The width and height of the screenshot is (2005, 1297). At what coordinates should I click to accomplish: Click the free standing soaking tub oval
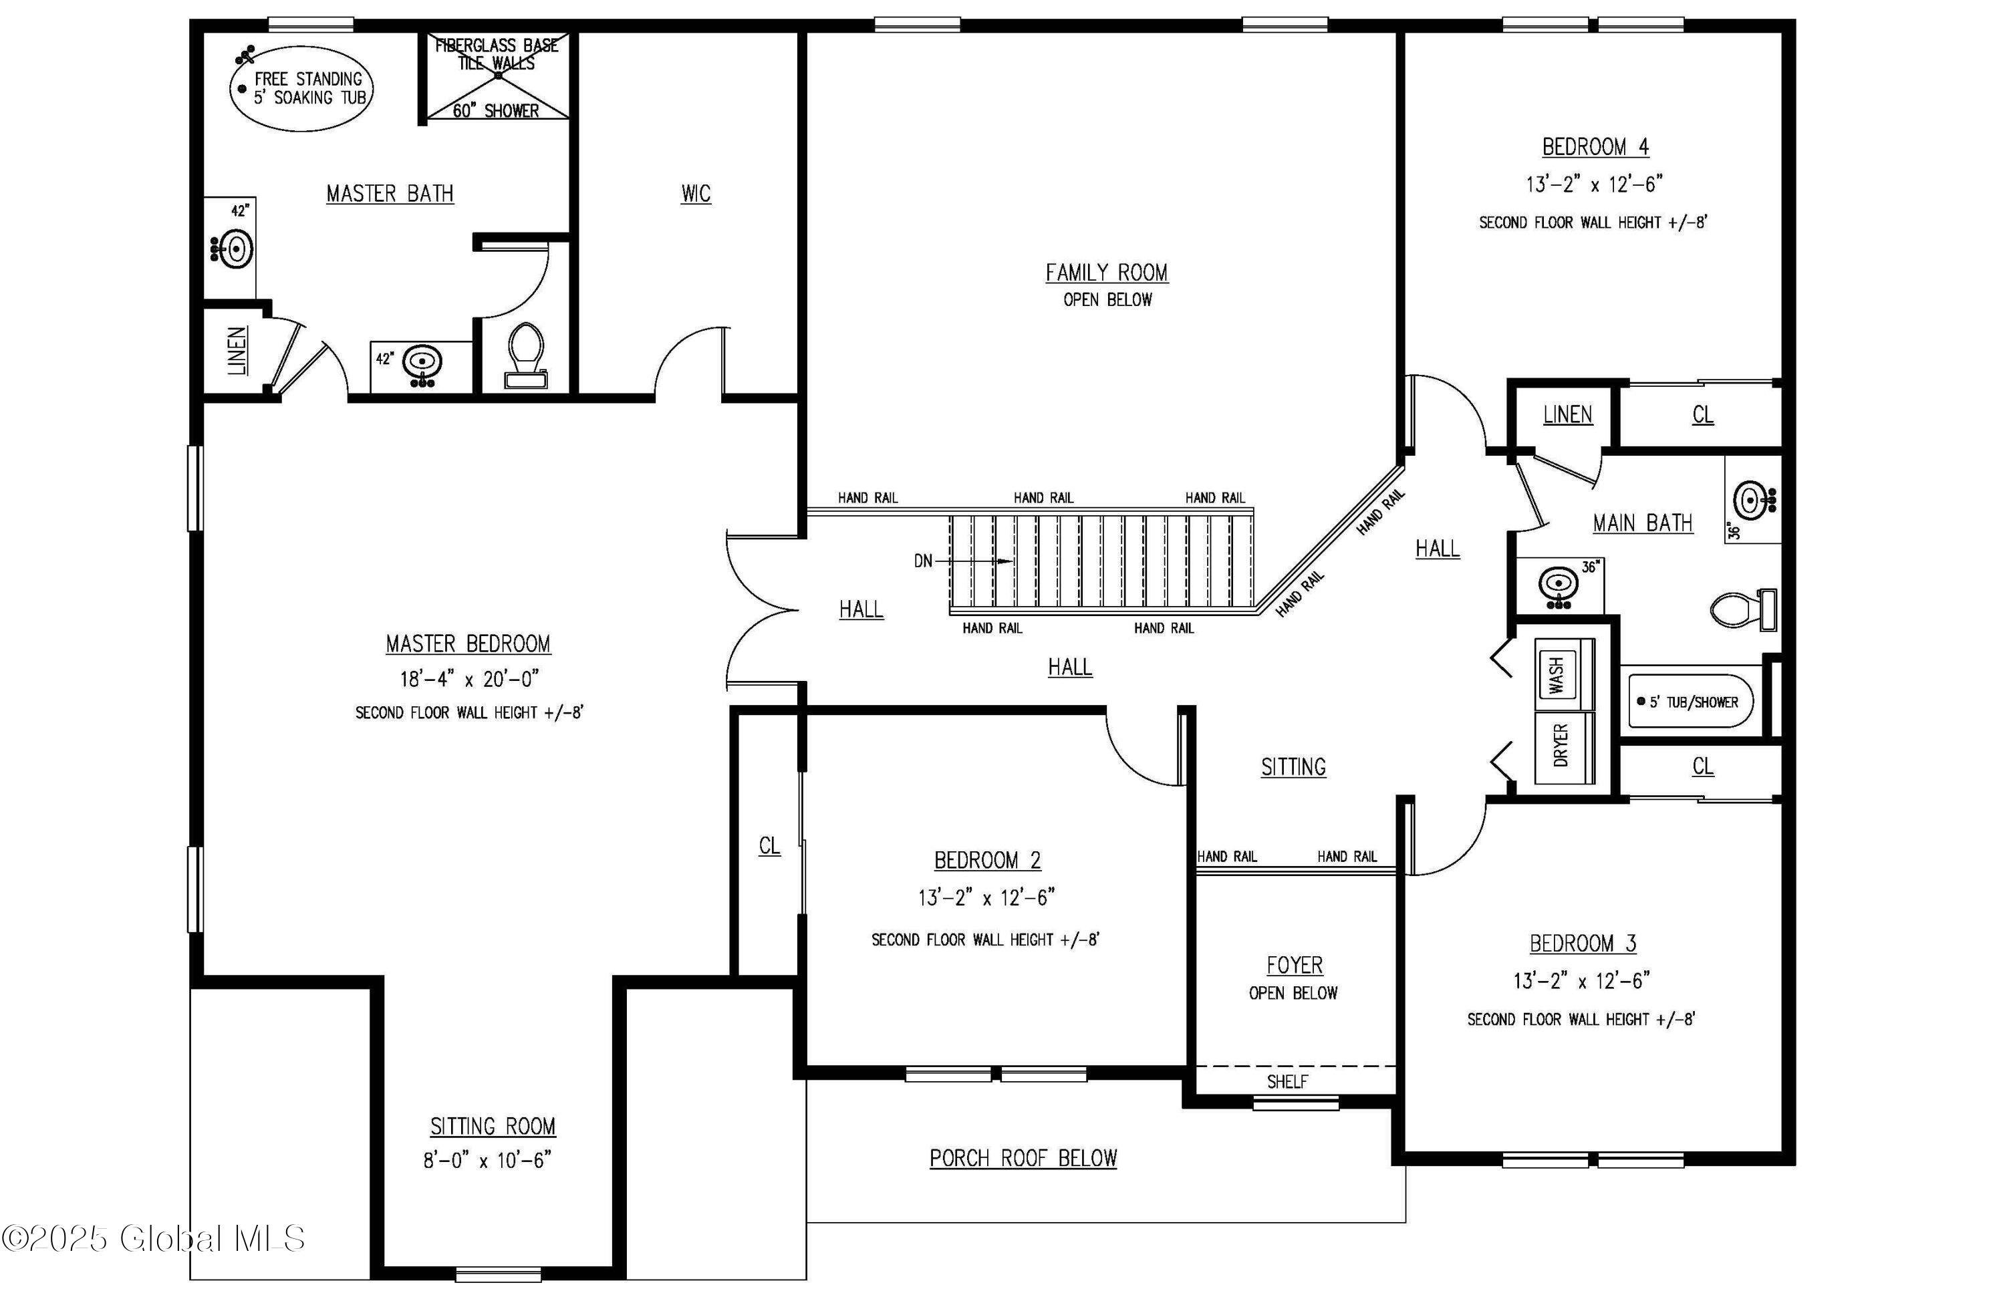[301, 88]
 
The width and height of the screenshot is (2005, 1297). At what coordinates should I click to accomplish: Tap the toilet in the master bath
[526, 355]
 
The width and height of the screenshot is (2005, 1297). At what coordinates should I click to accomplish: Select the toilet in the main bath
[1745, 609]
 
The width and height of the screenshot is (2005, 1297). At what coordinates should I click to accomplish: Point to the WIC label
[696, 194]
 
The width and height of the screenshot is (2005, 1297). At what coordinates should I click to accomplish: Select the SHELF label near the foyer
[1287, 1081]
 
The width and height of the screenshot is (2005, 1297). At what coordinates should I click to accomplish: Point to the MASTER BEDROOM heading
[469, 644]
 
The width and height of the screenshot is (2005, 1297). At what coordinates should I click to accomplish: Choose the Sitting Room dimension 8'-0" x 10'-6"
[487, 1161]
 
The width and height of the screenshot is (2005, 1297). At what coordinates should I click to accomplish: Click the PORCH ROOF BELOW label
[1024, 1158]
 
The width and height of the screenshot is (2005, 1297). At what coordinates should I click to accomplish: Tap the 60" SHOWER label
[495, 110]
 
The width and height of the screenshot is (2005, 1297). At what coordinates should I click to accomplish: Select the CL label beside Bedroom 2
[769, 845]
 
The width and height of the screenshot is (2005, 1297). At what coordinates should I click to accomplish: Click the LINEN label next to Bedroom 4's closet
[1568, 414]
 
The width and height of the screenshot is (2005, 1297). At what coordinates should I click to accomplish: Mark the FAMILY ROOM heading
[1107, 273]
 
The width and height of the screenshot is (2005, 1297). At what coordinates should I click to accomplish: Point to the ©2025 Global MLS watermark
[153, 1238]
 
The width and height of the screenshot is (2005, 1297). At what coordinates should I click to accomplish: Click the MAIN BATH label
[1643, 523]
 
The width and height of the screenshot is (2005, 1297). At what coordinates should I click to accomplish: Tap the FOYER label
[1295, 965]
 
